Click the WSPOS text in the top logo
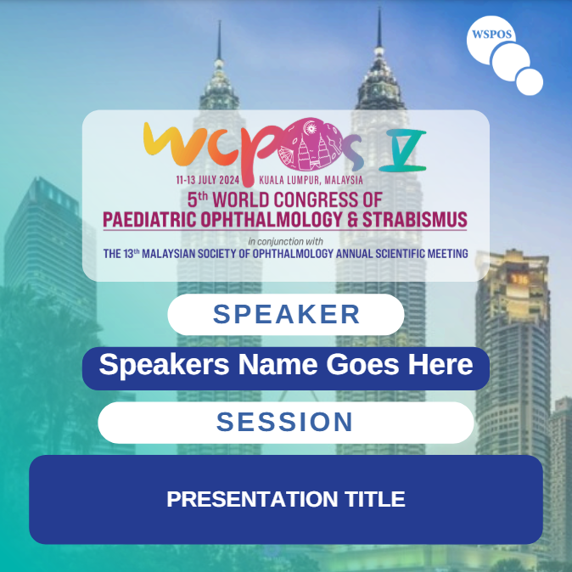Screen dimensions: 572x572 pyautogui.click(x=491, y=34)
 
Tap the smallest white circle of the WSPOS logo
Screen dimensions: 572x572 pyautogui.click(x=530, y=81)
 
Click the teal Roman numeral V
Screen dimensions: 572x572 pyautogui.click(x=402, y=151)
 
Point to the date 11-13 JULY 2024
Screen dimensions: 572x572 pyautogui.click(x=208, y=180)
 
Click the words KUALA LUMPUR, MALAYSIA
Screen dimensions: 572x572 pyautogui.click(x=311, y=180)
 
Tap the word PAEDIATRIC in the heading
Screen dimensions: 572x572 pyautogui.click(x=149, y=219)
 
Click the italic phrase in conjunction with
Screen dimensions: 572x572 pyautogui.click(x=286, y=242)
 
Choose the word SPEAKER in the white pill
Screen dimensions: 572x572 pyautogui.click(x=286, y=314)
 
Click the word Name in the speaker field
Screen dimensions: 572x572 pyautogui.click(x=278, y=364)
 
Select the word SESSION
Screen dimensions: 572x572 pyautogui.click(x=285, y=422)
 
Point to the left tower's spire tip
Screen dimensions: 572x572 pyautogui.click(x=220, y=21)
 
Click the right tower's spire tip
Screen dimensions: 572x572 pyautogui.click(x=379, y=8)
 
